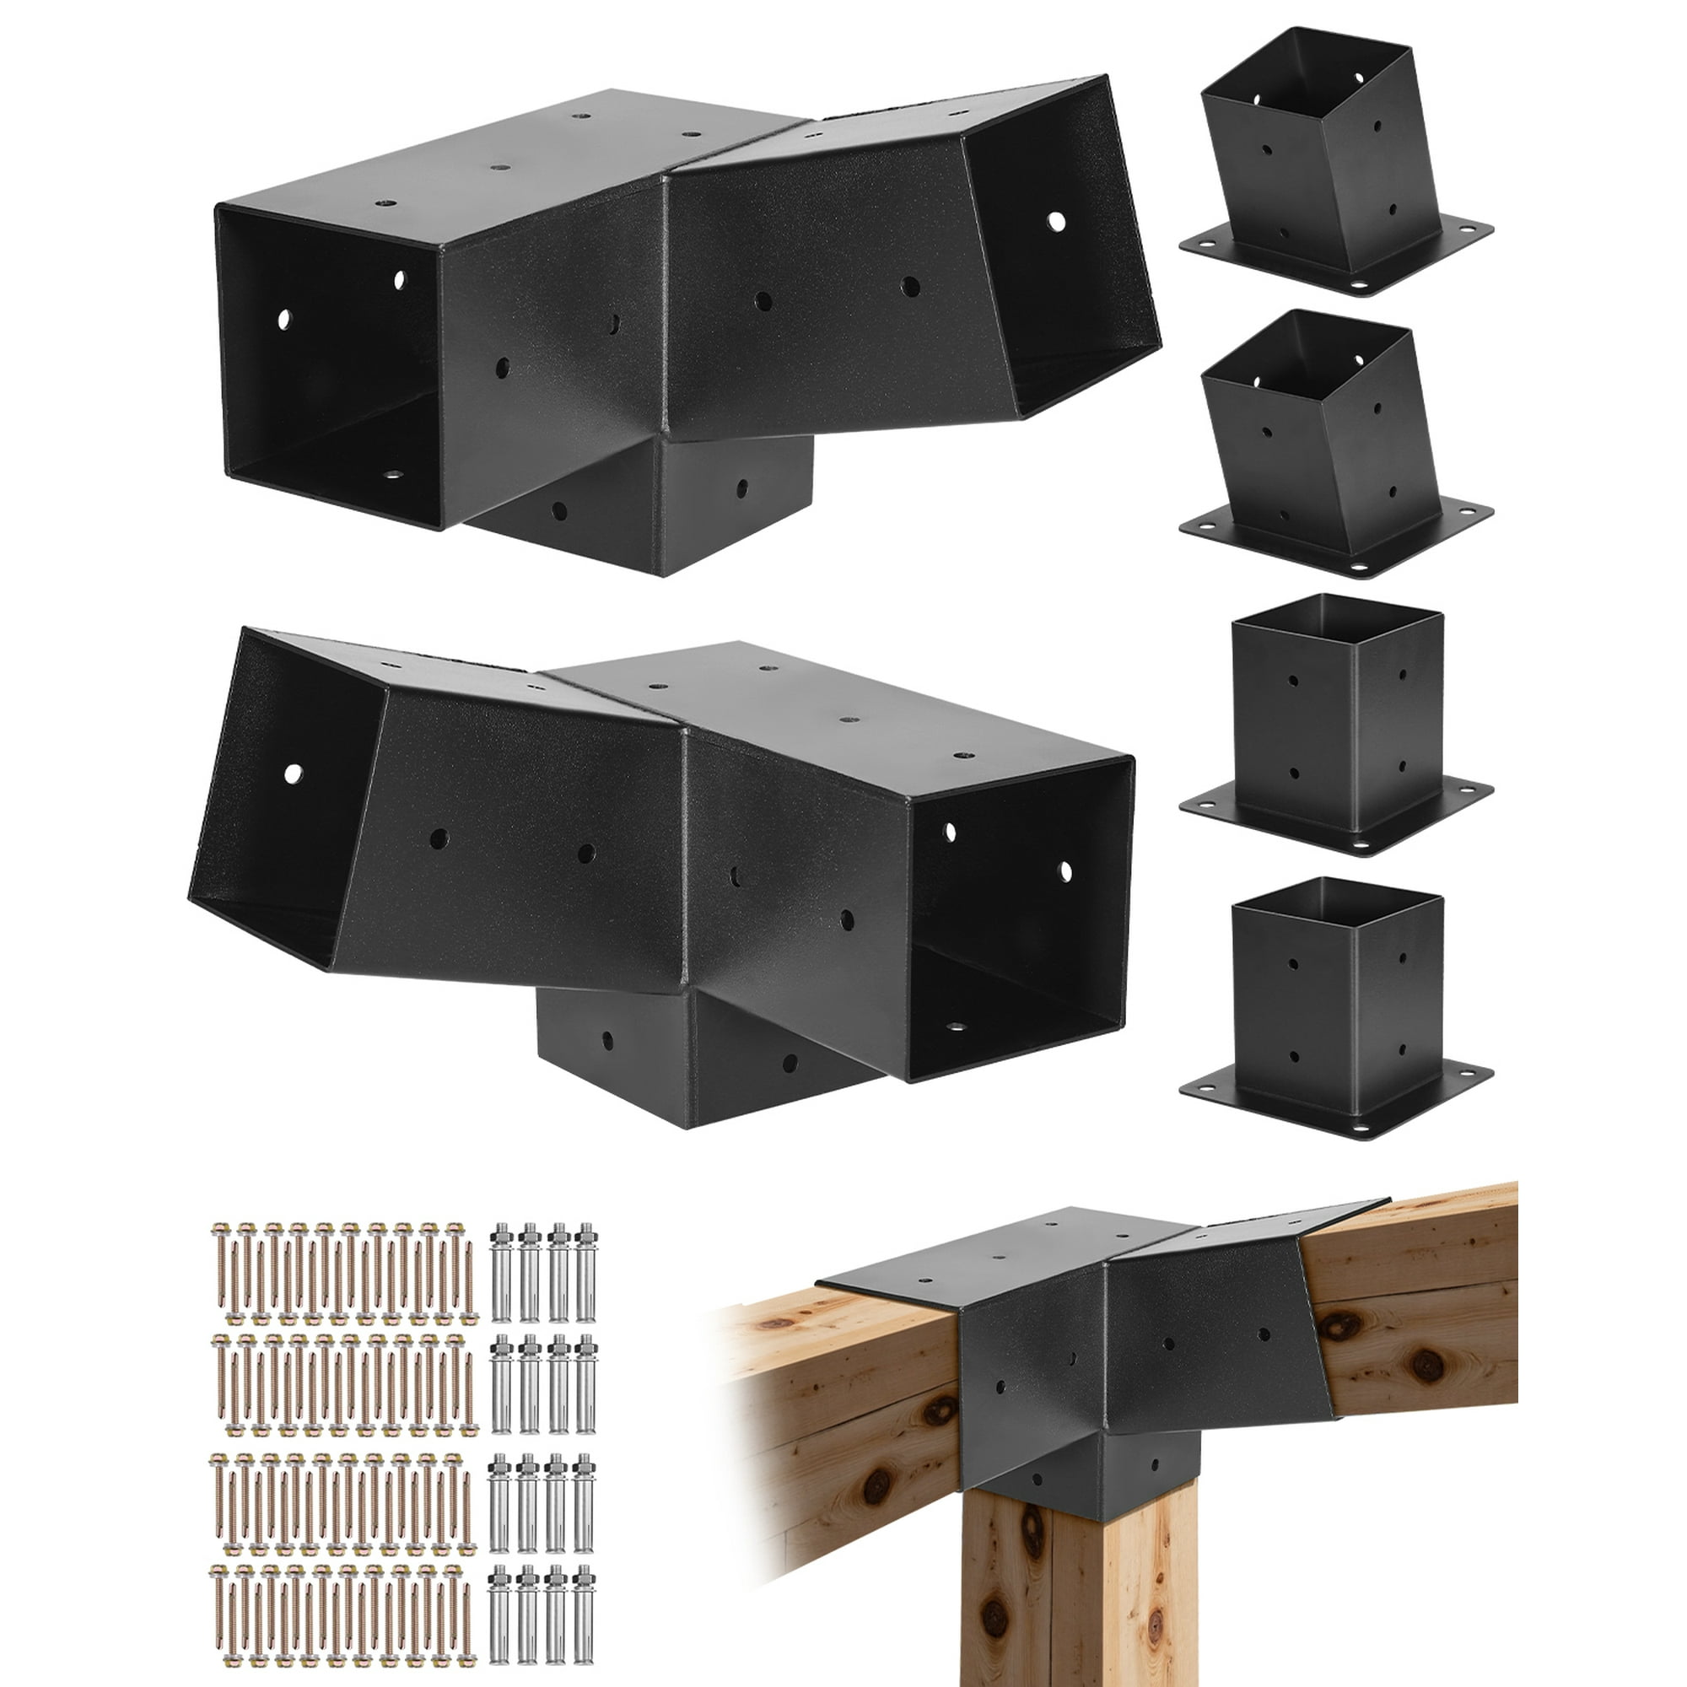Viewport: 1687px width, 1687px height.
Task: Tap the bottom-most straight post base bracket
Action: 1336,1013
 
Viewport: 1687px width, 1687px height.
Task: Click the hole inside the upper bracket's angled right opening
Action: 1057,221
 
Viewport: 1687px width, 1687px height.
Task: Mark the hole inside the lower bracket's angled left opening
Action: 293,773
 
